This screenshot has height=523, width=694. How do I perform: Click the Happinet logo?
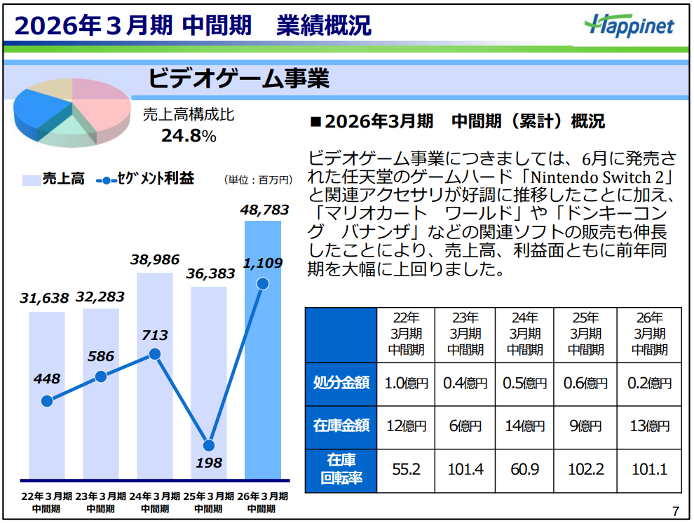(628, 25)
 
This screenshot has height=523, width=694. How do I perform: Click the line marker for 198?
(208, 445)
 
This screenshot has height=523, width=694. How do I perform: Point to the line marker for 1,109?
(263, 283)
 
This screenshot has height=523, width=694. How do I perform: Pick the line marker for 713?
(155, 354)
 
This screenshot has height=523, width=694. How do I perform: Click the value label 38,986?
(155, 259)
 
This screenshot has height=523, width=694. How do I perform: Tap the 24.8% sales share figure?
(189, 135)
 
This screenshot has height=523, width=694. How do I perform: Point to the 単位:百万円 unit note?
(257, 180)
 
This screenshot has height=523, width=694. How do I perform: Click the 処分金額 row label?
(341, 383)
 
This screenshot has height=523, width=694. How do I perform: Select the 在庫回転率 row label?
(341, 470)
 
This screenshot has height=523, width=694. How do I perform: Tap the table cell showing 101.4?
(465, 470)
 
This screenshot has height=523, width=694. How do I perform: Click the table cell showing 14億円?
(524, 426)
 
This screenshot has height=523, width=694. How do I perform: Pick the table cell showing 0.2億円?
(649, 383)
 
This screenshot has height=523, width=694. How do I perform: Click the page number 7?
(675, 510)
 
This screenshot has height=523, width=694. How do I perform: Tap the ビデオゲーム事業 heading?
(238, 79)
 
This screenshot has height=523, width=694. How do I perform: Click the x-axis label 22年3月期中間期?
(46, 503)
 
